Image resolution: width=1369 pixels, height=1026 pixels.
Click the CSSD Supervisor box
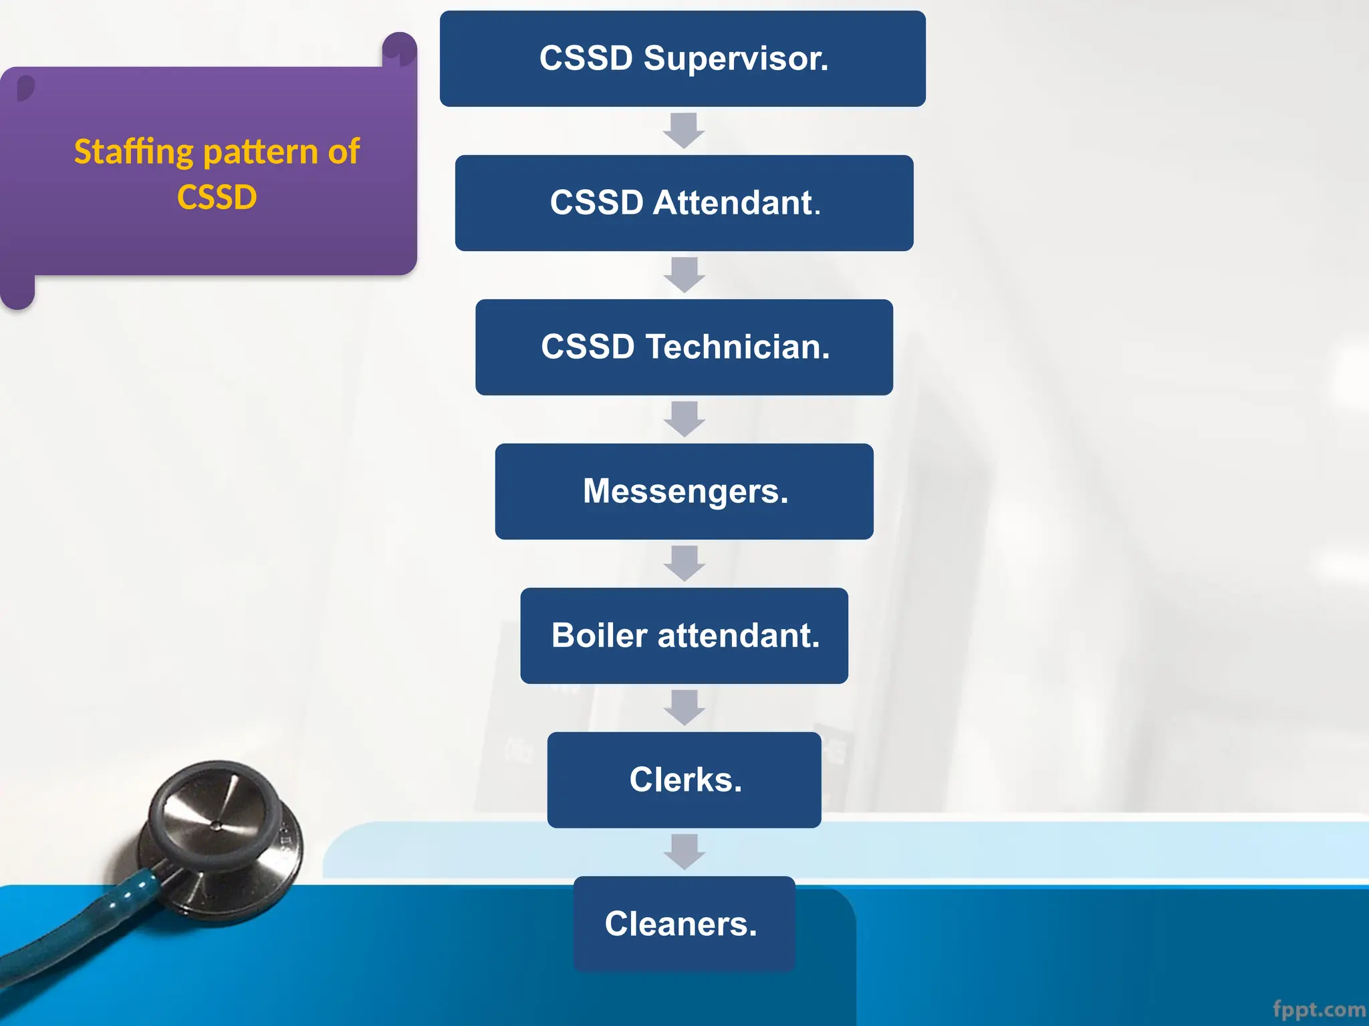click(x=682, y=59)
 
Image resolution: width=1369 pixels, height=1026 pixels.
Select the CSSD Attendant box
click(x=684, y=203)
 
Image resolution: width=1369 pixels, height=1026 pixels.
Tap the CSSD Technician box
click(x=684, y=347)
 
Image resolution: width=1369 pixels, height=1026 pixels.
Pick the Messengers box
click(x=684, y=492)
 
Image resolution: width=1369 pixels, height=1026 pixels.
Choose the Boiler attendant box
click(x=684, y=636)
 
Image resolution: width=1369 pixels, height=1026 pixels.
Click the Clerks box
click(x=684, y=780)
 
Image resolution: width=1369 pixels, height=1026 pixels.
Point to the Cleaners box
click(x=684, y=924)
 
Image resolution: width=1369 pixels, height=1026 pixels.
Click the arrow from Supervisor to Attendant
click(x=683, y=130)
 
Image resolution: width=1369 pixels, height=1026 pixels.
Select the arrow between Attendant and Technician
click(x=684, y=275)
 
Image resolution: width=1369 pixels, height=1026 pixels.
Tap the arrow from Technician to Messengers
click(x=684, y=419)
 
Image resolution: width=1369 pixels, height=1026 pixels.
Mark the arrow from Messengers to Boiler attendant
click(x=684, y=563)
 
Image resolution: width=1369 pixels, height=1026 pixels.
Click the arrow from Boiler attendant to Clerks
click(x=684, y=707)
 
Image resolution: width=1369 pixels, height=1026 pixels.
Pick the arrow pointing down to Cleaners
click(x=684, y=852)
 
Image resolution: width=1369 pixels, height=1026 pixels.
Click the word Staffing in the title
click(x=134, y=152)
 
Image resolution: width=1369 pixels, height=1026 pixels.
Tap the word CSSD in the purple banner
click(x=217, y=197)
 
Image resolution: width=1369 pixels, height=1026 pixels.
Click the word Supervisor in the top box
click(x=735, y=59)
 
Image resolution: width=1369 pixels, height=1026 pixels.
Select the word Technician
click(x=737, y=347)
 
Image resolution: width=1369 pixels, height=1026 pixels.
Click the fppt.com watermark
click(x=1318, y=1009)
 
